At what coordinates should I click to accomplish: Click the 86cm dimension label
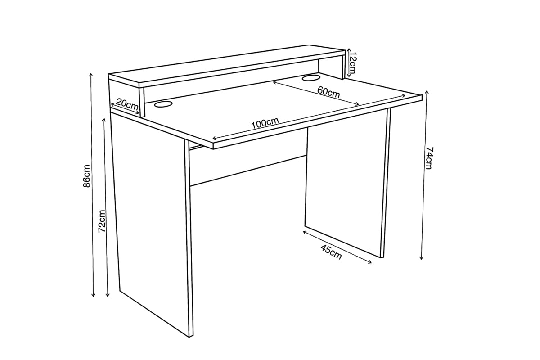(x=86, y=176)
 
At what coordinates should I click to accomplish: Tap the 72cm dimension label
(x=102, y=221)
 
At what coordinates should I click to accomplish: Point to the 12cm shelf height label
(x=353, y=63)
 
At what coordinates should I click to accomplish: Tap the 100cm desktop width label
(x=265, y=123)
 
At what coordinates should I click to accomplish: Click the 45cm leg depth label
(x=331, y=252)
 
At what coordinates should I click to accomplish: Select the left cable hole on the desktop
(x=163, y=104)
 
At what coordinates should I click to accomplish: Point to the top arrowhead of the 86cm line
(x=91, y=74)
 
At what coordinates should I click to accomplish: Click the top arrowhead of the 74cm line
(x=427, y=92)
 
